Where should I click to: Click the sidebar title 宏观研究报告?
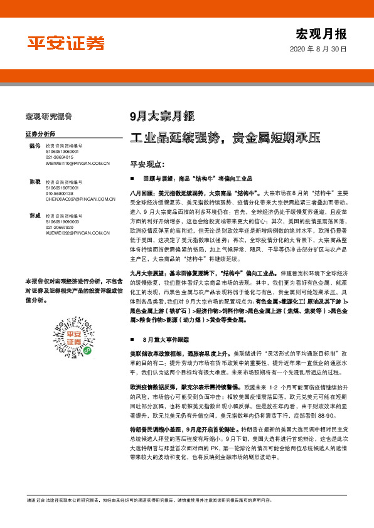49,117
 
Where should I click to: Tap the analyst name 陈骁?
35,182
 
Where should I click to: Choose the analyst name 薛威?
35,216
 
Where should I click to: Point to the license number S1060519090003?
61,221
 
